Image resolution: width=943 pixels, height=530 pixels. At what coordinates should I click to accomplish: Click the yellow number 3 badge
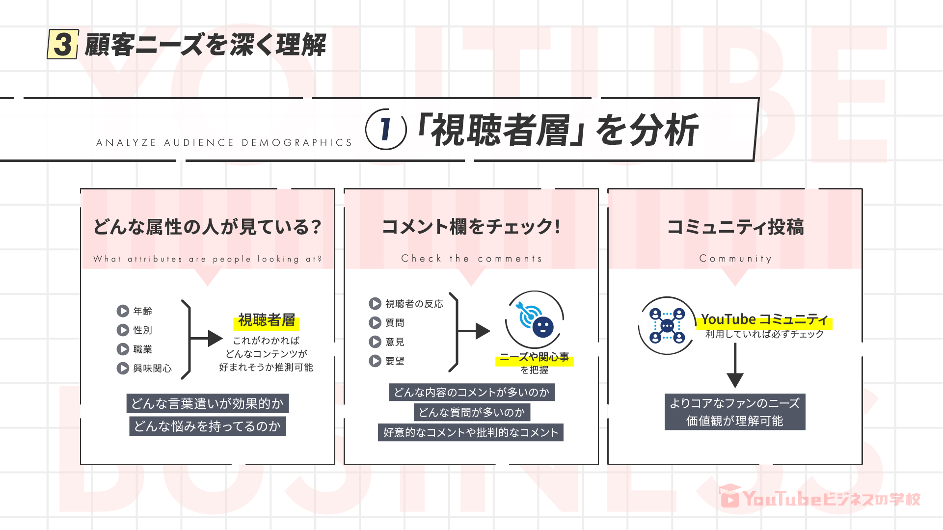click(x=63, y=44)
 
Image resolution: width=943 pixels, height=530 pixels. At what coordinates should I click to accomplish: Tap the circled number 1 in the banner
click(x=386, y=130)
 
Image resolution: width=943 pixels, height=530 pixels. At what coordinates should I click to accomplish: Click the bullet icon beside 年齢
click(x=123, y=311)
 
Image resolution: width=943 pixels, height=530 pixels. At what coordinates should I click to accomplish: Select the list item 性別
click(x=142, y=330)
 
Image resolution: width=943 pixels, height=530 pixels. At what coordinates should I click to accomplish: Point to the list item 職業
click(x=142, y=349)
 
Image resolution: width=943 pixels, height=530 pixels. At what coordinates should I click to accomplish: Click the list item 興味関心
click(x=152, y=369)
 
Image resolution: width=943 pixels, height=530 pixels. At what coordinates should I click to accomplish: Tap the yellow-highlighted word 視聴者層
click(x=267, y=320)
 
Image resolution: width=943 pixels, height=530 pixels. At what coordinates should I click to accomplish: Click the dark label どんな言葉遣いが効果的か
click(x=208, y=404)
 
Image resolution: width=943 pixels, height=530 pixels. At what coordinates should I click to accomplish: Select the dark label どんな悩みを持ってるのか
click(x=208, y=426)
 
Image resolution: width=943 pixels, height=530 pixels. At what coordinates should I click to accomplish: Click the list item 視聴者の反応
click(x=414, y=304)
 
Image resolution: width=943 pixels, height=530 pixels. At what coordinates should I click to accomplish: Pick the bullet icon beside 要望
click(x=375, y=361)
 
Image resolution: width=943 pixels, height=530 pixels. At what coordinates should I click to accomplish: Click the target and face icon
click(x=535, y=319)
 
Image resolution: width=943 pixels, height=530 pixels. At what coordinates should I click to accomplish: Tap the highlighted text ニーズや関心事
click(x=535, y=357)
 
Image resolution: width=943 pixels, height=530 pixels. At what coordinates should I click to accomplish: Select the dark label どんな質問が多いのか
click(x=472, y=413)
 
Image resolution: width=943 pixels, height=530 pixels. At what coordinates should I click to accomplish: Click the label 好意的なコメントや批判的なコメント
click(x=471, y=433)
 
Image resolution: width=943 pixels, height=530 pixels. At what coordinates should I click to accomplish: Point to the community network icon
click(x=667, y=325)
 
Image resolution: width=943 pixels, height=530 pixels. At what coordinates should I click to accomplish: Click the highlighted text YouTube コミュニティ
click(x=764, y=320)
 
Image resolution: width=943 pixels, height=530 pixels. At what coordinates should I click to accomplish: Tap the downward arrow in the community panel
click(x=735, y=366)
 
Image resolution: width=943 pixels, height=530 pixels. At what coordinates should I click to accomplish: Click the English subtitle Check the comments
click(x=471, y=259)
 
